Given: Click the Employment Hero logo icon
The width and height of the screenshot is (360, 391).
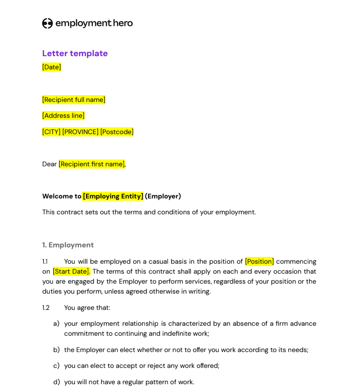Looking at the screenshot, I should [48, 24].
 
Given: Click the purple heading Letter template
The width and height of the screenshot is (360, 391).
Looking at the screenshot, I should [75, 53].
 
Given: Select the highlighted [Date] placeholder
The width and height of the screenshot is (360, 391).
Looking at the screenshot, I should [52, 67].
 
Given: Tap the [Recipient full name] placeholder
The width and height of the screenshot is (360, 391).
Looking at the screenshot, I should [74, 100].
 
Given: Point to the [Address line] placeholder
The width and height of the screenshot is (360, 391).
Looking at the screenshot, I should [63, 116].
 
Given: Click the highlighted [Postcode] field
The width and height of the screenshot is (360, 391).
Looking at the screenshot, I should [117, 132].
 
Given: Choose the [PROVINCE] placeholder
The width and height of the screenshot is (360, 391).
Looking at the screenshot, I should [80, 132].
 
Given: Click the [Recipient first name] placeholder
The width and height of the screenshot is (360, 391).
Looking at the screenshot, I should [91, 164].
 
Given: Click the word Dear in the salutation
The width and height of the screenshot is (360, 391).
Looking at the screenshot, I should [49, 164].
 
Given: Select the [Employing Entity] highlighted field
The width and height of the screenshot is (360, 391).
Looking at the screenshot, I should [113, 196].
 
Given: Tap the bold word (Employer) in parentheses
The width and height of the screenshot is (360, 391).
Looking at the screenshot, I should [163, 196].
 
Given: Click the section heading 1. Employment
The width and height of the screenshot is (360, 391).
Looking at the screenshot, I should [68, 245].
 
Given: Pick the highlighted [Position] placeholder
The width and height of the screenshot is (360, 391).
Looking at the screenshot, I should [259, 261].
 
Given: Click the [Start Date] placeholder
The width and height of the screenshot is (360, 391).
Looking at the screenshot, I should [71, 271].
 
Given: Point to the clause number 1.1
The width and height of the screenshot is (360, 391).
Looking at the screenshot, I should [45, 261].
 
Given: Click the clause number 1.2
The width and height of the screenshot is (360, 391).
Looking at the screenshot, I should [46, 308].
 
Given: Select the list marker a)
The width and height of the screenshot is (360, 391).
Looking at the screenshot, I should [56, 323].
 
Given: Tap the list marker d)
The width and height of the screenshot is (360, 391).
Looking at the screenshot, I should [56, 382].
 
